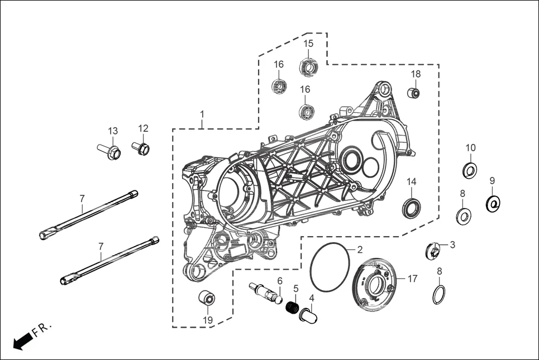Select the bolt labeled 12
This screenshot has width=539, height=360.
pos(141,148)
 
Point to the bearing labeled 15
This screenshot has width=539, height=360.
pos(308,67)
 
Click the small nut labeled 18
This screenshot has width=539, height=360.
pos(413,93)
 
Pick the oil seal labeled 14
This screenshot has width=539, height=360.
pos(412,208)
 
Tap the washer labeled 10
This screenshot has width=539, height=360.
pos(470,170)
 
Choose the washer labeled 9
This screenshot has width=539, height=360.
pos(493,204)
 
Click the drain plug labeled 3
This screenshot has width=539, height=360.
pos(433,251)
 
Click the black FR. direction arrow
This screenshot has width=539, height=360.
pos(21,342)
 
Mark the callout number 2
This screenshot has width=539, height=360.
pos(360,249)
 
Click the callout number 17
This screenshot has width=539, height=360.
pos(412,279)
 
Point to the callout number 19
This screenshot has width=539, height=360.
pos(208,320)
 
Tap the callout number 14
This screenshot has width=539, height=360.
pos(411,181)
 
